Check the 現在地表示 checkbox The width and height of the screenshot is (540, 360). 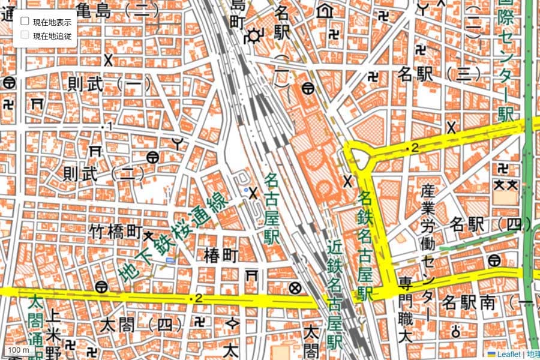25,21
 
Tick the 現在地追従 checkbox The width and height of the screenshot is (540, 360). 25,35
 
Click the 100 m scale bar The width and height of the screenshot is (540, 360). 18,350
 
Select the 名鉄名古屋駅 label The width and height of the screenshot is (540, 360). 365,246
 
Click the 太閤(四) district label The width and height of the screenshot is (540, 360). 142,325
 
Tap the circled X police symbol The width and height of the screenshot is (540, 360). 295,288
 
